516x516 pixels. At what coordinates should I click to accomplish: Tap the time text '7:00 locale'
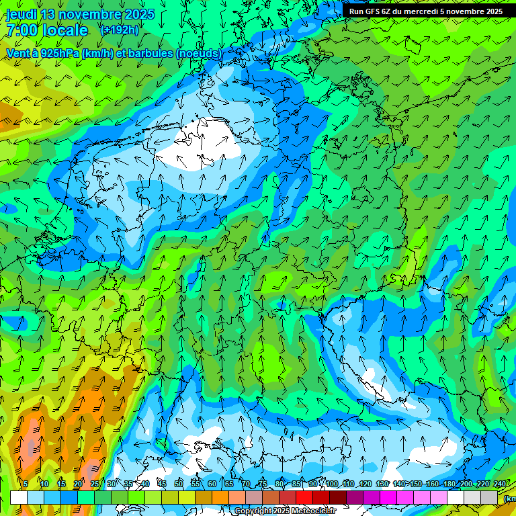point(47,30)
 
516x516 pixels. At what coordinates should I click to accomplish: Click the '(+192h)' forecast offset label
point(119,30)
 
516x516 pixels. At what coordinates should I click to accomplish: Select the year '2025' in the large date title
point(139,14)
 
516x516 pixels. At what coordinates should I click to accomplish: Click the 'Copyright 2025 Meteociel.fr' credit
point(285,511)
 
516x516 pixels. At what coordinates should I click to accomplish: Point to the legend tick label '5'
point(26,484)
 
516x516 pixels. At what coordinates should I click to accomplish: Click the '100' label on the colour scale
point(332,484)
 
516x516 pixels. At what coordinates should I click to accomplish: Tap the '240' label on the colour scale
point(500,484)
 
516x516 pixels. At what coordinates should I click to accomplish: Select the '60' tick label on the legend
point(212,484)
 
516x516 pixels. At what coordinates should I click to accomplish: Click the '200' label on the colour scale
point(466,484)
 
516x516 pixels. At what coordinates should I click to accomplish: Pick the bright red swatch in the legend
point(304,498)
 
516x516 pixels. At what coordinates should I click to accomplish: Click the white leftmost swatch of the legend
point(18,498)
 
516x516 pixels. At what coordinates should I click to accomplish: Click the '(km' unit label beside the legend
point(509,498)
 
